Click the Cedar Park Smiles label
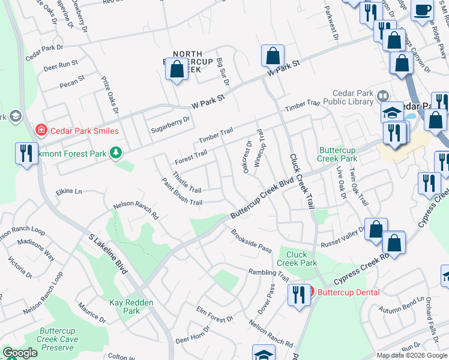[84, 131]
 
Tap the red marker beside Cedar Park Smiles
[41, 130]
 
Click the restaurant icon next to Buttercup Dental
[297, 295]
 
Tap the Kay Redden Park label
[124, 307]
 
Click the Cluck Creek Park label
[297, 259]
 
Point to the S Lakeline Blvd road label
[107, 255]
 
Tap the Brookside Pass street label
[252, 240]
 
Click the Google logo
[20, 353]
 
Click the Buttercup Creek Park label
[338, 154]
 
